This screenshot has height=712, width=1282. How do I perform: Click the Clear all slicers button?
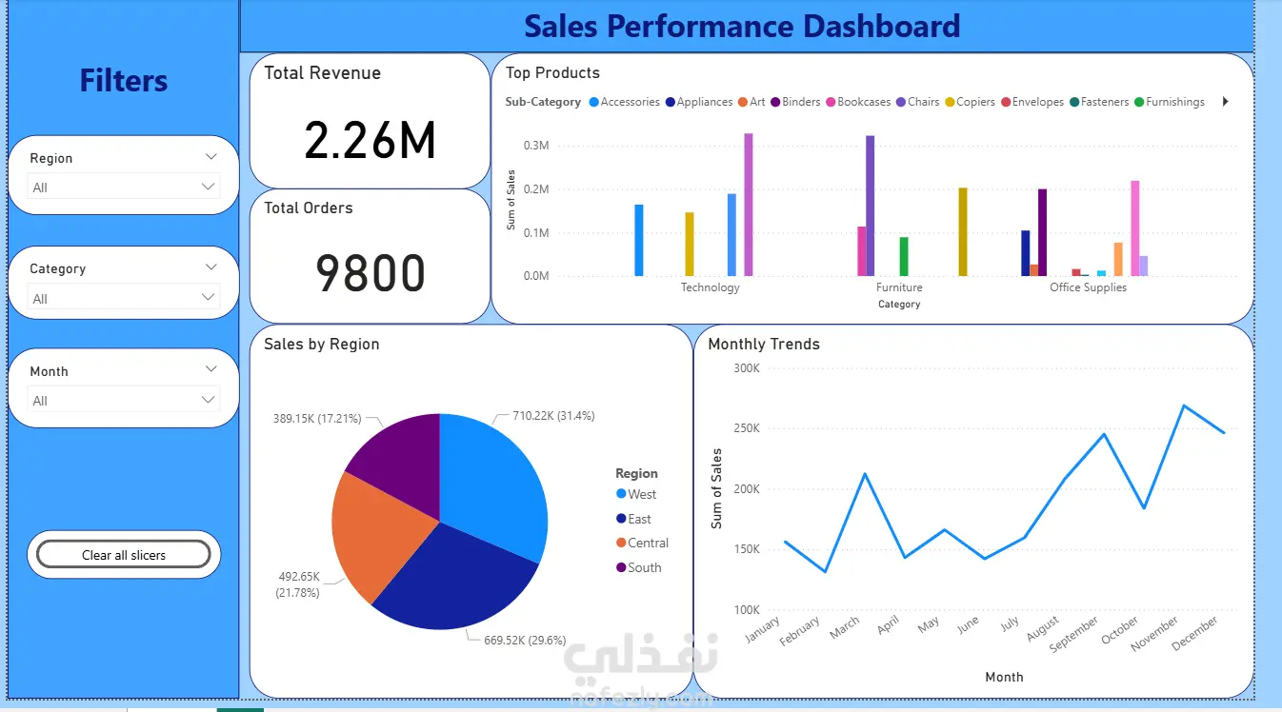124,555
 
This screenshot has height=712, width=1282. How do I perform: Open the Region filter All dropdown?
124,188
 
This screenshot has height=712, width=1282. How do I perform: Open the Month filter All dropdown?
124,401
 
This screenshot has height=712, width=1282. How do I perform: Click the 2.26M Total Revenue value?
371,140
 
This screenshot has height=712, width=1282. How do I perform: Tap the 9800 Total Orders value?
371,273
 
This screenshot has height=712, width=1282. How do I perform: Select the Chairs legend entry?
917,102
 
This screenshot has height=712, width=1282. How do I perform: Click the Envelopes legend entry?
1032,102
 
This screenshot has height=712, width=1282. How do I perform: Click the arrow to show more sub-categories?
1226,102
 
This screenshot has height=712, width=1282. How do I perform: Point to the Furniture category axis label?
899,287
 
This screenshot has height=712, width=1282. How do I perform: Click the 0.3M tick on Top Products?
536,146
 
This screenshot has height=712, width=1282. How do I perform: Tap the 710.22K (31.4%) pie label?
553,416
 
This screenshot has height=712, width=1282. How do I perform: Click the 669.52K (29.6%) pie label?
525,640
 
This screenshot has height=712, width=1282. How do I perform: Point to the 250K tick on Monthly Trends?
747,428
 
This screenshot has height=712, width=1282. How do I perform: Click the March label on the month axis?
844,628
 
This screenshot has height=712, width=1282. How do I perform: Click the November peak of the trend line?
1184,405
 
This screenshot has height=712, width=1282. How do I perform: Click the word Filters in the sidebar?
124,80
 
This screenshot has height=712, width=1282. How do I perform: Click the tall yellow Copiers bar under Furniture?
963,231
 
